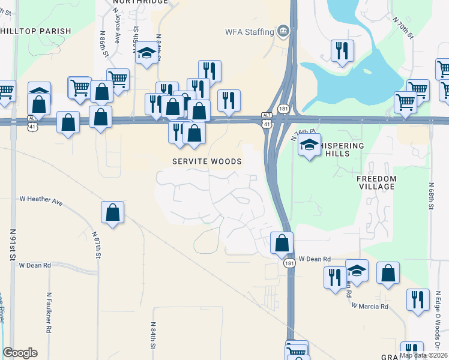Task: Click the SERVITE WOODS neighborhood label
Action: (x=206, y=161)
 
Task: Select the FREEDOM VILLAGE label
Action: (x=376, y=182)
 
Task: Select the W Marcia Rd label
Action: (x=370, y=306)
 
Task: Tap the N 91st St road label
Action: (x=13, y=243)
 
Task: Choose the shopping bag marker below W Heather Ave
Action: (x=112, y=212)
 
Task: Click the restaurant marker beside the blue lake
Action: (x=342, y=50)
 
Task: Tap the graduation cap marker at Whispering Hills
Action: (x=309, y=145)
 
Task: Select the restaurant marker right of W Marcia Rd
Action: (x=418, y=299)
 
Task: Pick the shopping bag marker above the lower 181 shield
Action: (x=282, y=243)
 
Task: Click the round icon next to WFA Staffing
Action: (x=282, y=31)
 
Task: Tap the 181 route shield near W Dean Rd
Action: (x=289, y=263)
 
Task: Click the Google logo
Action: (x=20, y=353)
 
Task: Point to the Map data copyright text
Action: (x=423, y=355)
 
